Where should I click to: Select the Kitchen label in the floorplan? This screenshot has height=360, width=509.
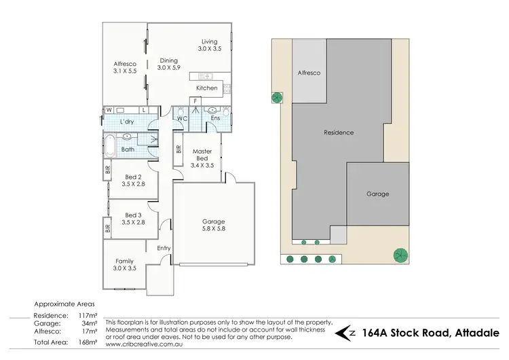point(207,88)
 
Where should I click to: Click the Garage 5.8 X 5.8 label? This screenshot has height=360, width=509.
point(213,226)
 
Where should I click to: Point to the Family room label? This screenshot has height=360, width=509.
point(124,265)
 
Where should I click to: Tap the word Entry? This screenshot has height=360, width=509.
point(164,248)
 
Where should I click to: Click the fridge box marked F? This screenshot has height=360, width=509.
point(195,101)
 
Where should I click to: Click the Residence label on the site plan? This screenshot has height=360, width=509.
point(339,132)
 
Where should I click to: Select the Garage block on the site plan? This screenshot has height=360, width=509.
point(378,194)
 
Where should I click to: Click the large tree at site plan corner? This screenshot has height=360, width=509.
point(400,255)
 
